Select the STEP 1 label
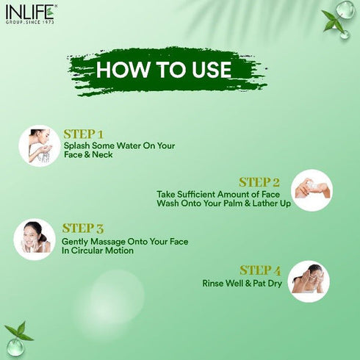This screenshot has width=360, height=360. [84, 134]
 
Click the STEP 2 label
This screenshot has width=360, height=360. [259, 182]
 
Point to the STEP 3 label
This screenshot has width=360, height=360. [82, 228]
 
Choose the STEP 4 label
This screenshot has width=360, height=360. [260, 270]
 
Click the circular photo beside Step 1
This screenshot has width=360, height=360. [39, 145]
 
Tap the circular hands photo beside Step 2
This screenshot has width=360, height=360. [312, 190]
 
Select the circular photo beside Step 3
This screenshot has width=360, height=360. [35, 240]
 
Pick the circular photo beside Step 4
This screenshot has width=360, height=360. [309, 281]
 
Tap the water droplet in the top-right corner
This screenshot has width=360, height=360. [344, 10]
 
